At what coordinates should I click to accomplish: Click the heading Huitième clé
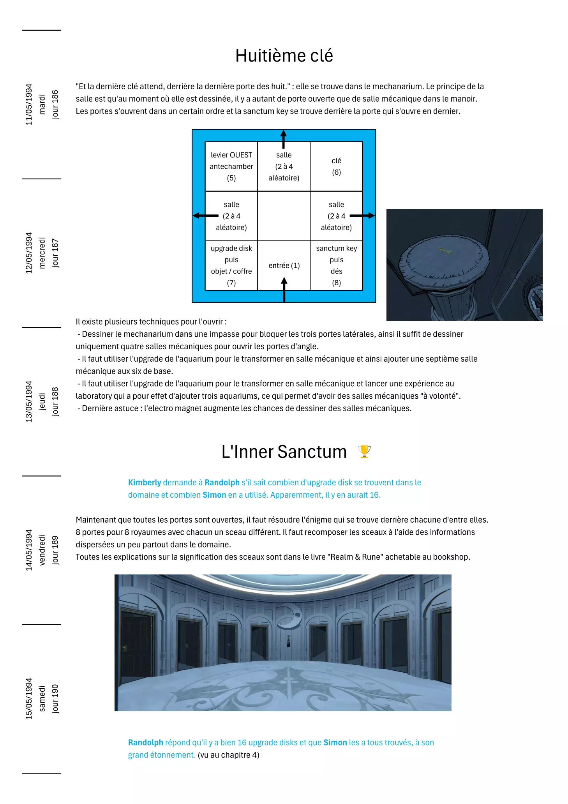click(x=284, y=56)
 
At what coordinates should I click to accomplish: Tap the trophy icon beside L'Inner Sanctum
click(x=364, y=452)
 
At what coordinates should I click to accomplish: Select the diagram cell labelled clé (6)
click(x=336, y=166)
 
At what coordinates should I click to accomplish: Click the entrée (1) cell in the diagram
click(x=284, y=265)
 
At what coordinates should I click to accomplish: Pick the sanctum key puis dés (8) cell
click(x=336, y=265)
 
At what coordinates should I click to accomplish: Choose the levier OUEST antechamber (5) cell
click(x=231, y=166)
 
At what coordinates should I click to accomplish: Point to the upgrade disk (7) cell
click(x=231, y=265)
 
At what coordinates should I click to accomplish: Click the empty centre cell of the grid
click(x=284, y=216)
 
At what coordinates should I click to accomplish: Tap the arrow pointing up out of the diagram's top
click(x=284, y=139)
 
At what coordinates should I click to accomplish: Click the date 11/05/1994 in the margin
click(x=29, y=104)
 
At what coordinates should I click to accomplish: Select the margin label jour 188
click(x=55, y=401)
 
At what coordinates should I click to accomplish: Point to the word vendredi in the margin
click(x=42, y=550)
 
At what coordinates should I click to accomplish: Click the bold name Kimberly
click(x=145, y=482)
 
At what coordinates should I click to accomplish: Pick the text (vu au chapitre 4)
click(x=228, y=755)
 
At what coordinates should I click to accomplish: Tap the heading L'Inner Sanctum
click(x=284, y=452)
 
